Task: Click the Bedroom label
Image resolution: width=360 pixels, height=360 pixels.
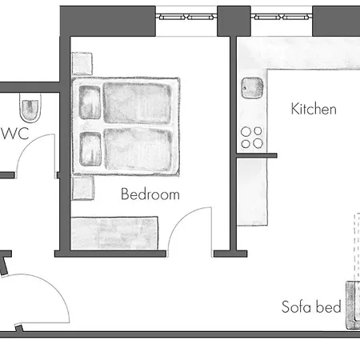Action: pyautogui.click(x=150, y=194)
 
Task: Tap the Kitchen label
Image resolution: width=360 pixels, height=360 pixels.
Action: pyautogui.click(x=314, y=109)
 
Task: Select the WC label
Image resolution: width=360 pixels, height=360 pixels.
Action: pyautogui.click(x=15, y=134)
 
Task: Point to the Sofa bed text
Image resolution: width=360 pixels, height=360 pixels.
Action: pyautogui.click(x=311, y=306)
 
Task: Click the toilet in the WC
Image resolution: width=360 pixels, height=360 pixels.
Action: pyautogui.click(x=30, y=107)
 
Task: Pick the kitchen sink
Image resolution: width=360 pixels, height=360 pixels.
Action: pyautogui.click(x=252, y=87)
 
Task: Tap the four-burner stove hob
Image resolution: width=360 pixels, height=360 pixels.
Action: pyautogui.click(x=252, y=138)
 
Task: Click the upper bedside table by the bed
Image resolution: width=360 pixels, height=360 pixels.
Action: pyautogui.click(x=82, y=64)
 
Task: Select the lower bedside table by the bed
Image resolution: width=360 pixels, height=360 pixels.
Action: pyautogui.click(x=83, y=187)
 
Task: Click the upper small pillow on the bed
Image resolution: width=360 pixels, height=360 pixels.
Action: pyautogui.click(x=90, y=102)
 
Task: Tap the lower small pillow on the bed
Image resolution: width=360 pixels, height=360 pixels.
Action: pyautogui.click(x=90, y=149)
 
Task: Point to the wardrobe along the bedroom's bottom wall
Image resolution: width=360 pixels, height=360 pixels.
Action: pyautogui.click(x=114, y=234)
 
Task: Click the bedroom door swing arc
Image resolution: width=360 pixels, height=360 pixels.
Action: pyautogui.click(x=182, y=218)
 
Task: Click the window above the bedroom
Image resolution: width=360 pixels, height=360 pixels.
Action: pyautogui.click(x=186, y=18)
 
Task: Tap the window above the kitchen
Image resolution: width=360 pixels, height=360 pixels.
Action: pyautogui.click(x=282, y=18)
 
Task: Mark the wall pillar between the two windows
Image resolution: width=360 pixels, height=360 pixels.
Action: pyautogui.click(x=234, y=22)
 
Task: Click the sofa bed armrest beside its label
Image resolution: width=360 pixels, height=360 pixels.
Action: pyautogui.click(x=353, y=305)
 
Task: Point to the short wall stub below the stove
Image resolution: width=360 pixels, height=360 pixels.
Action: pyautogui.click(x=257, y=156)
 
